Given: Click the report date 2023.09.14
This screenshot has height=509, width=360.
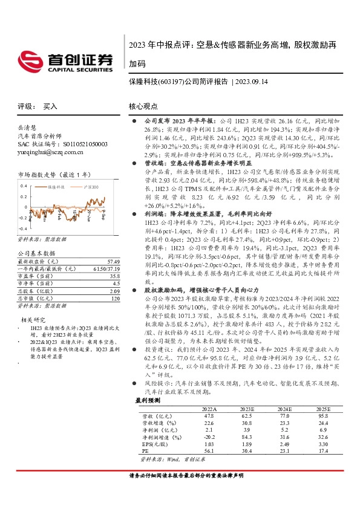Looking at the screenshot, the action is (252, 82).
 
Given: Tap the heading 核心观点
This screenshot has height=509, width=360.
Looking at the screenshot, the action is (143, 106).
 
